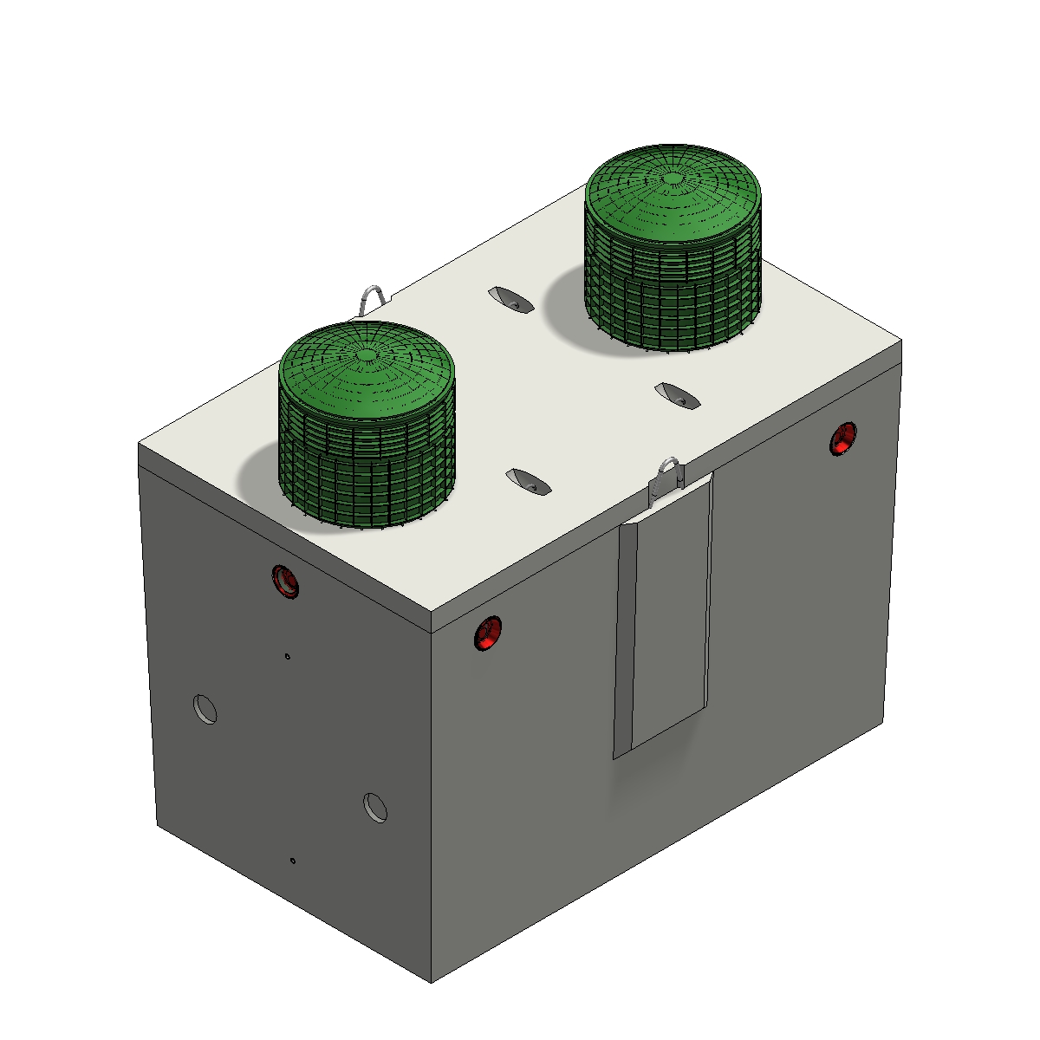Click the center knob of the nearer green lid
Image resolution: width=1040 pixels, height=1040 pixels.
coord(367,354)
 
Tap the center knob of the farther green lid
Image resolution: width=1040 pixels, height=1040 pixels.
coord(673,179)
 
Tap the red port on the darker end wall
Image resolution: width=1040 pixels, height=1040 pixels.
coord(284,580)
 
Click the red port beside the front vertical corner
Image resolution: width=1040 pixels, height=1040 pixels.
coord(488,633)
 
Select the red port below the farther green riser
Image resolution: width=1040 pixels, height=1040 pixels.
coord(842,439)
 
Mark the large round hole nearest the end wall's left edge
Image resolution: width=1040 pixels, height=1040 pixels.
coord(205,708)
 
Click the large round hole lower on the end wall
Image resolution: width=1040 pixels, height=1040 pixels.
coord(375,807)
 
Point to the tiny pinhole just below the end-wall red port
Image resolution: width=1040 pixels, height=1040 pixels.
coord(288,656)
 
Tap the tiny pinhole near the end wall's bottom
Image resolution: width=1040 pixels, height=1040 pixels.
coord(293,861)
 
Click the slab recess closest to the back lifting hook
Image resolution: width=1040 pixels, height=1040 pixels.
coord(510,299)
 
